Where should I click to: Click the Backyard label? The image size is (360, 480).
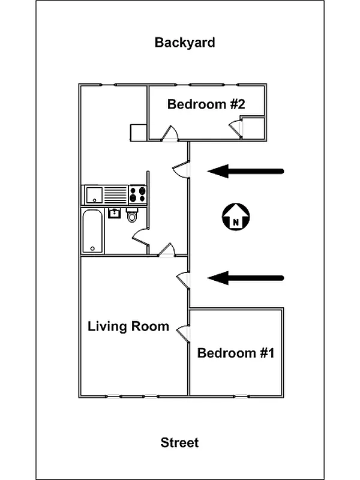185,43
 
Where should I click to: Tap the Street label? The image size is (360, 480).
179,443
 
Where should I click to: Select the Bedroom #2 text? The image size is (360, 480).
206,104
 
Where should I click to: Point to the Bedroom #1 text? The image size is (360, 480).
236,353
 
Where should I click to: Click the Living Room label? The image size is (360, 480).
128,326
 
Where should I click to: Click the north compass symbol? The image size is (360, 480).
236,217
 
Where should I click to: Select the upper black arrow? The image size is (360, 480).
245,172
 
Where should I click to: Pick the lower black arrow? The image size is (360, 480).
245,278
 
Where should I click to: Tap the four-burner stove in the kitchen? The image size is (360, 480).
138,194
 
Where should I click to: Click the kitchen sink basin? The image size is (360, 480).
94,194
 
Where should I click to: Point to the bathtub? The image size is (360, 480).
92,231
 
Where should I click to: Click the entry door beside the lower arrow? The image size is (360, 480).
183,278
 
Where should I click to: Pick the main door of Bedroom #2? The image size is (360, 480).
171,134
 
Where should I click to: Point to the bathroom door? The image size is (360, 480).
140,238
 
